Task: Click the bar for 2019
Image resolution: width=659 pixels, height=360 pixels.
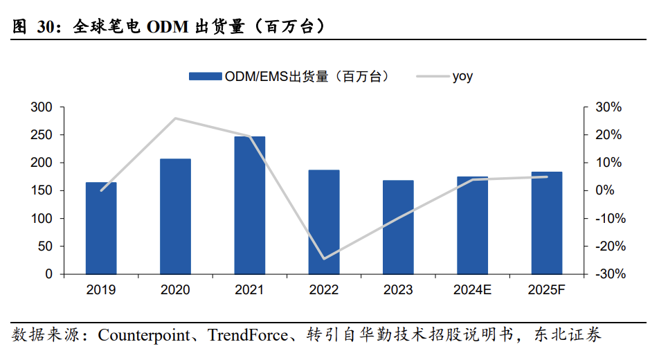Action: tap(101, 228)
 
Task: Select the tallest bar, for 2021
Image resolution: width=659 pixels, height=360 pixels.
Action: tap(249, 205)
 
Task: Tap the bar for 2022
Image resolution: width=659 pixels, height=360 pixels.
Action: tap(324, 222)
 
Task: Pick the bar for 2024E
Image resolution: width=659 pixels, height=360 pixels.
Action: tap(473, 226)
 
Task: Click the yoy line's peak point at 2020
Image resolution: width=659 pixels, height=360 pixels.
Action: tap(175, 118)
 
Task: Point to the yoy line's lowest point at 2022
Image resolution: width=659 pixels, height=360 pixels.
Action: tap(324, 259)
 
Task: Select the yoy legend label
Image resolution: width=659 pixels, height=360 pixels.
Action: tap(462, 77)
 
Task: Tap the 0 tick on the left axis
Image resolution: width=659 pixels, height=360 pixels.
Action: tap(48, 274)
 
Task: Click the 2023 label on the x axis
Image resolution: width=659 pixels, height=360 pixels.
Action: tap(398, 290)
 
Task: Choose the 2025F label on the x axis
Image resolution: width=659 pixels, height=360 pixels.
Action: tap(547, 290)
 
